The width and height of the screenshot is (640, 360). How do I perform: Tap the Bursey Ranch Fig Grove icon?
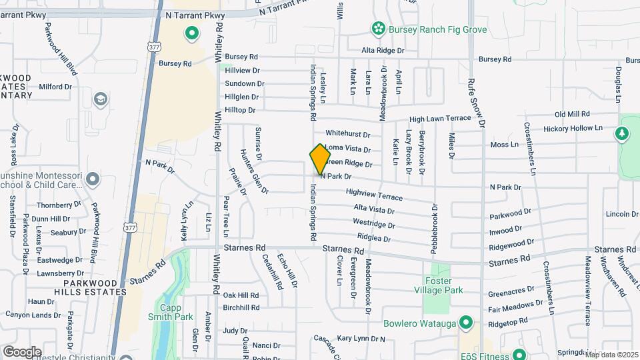(378, 29)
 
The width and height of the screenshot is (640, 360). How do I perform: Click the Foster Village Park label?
(443, 285)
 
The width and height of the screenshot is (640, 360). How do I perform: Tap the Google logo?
(22, 351)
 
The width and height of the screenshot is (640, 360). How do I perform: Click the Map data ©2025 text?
(611, 355)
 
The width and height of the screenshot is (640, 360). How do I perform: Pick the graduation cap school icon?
(100, 100)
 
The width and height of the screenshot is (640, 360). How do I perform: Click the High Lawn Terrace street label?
(440, 119)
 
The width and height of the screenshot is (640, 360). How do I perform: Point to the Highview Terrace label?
(374, 195)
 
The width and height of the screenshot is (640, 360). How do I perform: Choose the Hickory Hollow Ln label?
(573, 128)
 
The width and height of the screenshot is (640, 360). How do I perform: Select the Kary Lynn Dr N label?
(361, 339)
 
